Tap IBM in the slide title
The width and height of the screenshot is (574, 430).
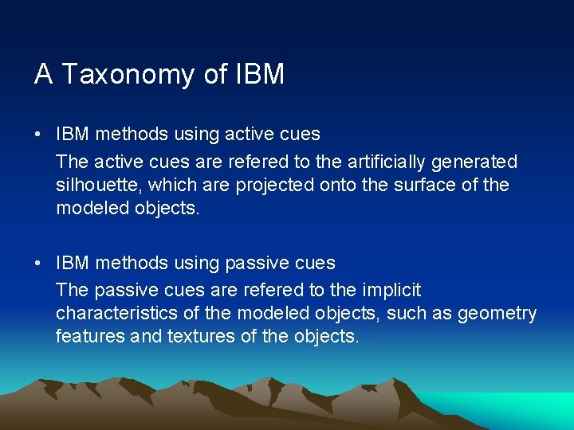260,74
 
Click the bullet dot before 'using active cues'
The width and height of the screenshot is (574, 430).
38,134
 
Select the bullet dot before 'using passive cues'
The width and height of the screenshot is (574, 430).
38,263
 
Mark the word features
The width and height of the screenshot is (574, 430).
89,336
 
